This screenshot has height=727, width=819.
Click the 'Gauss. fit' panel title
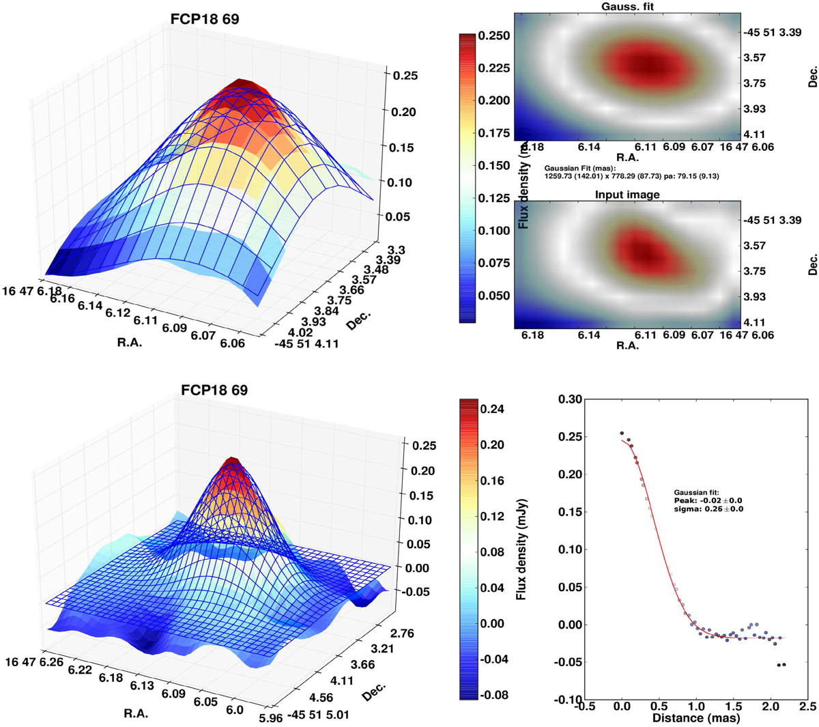click(628, 6)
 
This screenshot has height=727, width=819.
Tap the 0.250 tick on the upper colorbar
click(493, 35)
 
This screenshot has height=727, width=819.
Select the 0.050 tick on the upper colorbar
click(493, 296)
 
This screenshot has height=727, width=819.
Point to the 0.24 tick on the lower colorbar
click(493, 409)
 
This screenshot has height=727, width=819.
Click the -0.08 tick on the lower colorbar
click(493, 696)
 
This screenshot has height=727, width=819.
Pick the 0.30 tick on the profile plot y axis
click(567, 399)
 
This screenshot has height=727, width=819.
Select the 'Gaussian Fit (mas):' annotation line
click(580, 168)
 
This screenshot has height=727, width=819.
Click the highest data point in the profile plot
click(622, 433)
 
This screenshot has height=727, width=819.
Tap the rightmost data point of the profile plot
click(784, 664)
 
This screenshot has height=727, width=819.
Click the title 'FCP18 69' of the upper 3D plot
click(205, 19)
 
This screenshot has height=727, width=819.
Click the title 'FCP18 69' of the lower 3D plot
click(214, 390)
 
